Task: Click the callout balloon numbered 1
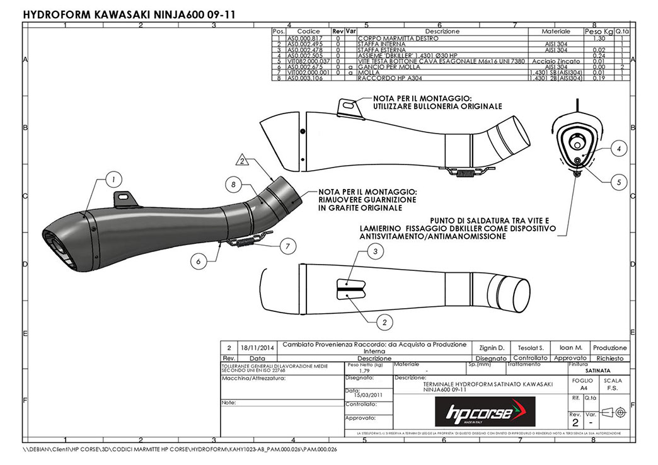(113, 180)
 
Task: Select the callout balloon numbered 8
(233, 185)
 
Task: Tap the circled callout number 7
(286, 245)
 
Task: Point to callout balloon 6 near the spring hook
(199, 261)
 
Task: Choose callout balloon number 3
(376, 252)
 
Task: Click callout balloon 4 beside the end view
(618, 149)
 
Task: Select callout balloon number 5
(618, 181)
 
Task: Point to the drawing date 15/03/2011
(366, 395)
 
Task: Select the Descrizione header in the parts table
(442, 32)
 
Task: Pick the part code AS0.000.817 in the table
(305, 38)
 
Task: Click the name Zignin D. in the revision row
(492, 348)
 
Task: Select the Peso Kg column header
(598, 32)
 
